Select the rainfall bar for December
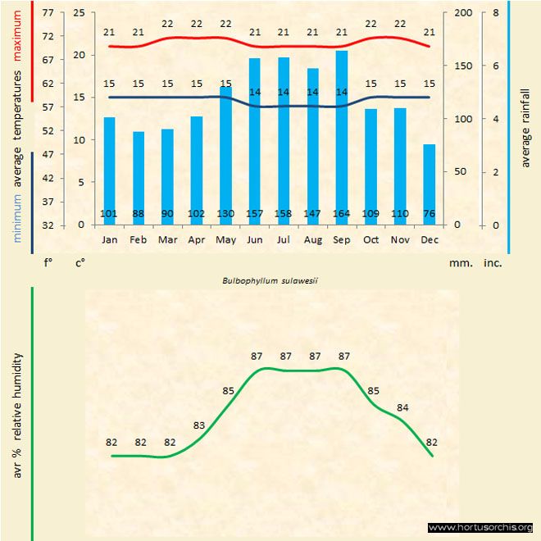[430, 184]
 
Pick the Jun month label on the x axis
[255, 240]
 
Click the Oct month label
[371, 240]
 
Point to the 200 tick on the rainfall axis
[463, 13]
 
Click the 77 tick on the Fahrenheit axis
[47, 13]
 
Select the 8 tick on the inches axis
[496, 13]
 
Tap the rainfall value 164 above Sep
[342, 215]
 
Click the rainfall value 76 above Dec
[430, 215]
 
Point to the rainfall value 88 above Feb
[139, 215]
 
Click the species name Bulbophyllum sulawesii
[270, 280]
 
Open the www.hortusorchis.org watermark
[480, 527]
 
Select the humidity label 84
[402, 407]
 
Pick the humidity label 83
[199, 425]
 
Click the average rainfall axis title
[525, 127]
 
